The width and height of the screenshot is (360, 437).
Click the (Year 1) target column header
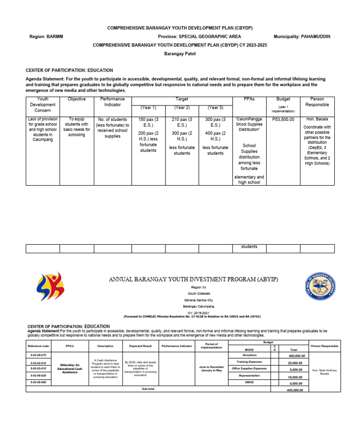tap(148, 108)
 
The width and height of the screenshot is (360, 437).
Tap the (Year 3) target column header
tap(215, 108)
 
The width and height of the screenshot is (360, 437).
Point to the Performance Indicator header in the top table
tap(112, 102)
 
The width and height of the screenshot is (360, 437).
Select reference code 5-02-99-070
tap(38, 356)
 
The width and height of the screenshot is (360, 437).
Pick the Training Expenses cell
tap(248, 362)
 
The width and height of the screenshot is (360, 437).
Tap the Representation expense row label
tap(248, 376)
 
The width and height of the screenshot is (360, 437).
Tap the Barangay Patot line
tap(180, 54)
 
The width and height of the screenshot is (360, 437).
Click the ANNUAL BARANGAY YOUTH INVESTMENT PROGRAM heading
tap(194, 279)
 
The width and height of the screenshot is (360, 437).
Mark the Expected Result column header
tap(139, 346)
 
